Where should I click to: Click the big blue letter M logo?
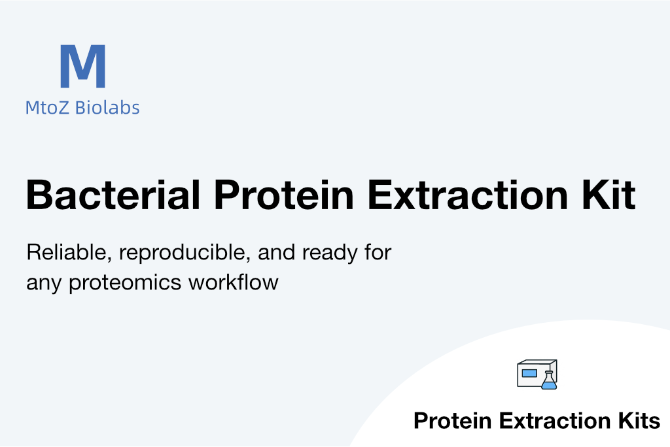[x=83, y=66]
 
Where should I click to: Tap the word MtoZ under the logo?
[x=47, y=108]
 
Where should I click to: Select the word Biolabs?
[x=107, y=107]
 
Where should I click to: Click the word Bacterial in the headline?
[x=113, y=195]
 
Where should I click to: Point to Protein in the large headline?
[x=284, y=195]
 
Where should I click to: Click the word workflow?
[x=234, y=282]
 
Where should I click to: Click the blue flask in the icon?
[x=549, y=380]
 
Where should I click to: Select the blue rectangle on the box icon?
[x=529, y=373]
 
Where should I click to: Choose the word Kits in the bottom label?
[x=639, y=421]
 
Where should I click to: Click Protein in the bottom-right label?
[x=453, y=421]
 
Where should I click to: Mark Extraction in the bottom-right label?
[x=555, y=421]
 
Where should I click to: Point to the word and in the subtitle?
[x=277, y=252]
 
